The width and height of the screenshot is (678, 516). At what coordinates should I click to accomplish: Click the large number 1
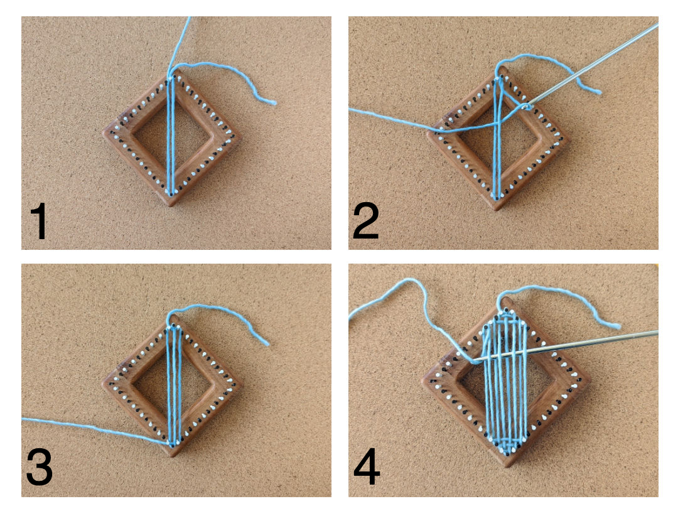click(39, 222)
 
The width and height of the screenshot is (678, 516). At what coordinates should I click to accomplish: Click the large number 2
click(366, 221)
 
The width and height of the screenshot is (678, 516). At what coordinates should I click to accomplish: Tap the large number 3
click(40, 467)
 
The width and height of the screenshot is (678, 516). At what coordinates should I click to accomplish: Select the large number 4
click(367, 467)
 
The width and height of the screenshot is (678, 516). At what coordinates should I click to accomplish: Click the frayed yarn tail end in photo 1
click(273, 102)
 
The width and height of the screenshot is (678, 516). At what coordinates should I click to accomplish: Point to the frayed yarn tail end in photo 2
click(598, 92)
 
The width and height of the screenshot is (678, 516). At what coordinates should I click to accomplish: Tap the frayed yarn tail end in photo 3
click(266, 343)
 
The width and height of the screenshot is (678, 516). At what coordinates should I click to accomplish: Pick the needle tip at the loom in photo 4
click(475, 360)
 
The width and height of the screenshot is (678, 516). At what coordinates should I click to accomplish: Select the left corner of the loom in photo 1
click(104, 131)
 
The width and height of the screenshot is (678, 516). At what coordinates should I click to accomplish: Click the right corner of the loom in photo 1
click(241, 139)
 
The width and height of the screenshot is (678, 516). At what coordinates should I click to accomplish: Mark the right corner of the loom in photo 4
click(589, 381)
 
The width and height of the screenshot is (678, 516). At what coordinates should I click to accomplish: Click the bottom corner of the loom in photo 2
click(497, 210)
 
